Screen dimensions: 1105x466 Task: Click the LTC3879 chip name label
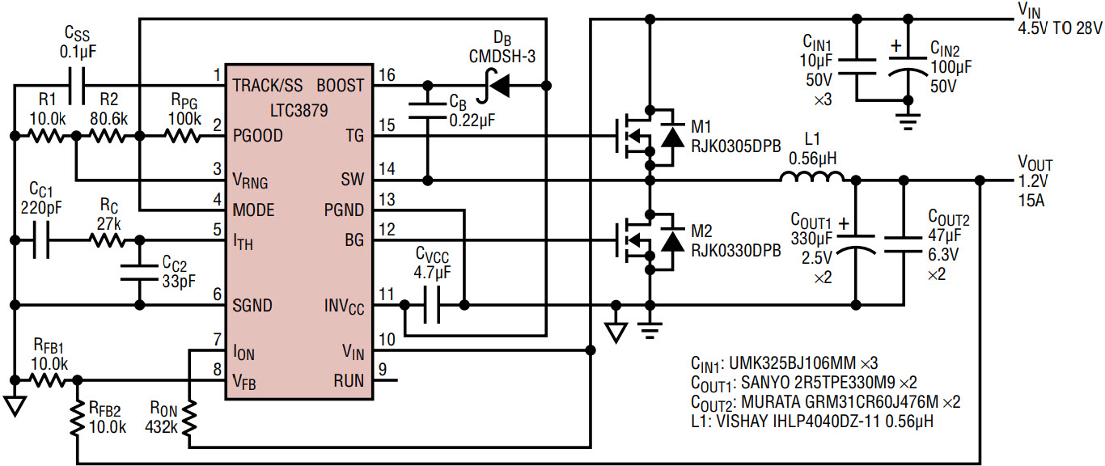coord(299,110)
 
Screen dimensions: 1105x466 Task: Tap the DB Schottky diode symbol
coord(495,86)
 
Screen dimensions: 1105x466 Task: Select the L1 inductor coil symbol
coord(811,176)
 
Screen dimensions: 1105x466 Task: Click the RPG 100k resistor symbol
coord(183,136)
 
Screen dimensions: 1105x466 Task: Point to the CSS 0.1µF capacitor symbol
coord(77,86)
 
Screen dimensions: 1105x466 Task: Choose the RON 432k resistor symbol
coord(189,418)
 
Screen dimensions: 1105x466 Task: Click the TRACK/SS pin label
coord(268,86)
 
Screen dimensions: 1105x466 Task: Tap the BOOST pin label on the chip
coord(341,86)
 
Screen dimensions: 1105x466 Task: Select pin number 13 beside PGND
coord(387,200)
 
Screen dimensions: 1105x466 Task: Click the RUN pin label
coord(349,381)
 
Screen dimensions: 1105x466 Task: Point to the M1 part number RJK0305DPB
coord(736,146)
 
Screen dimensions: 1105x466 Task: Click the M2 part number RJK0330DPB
coord(736,251)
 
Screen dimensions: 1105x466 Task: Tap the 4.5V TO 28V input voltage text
coord(1060,28)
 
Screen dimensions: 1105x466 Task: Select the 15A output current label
coord(1031,201)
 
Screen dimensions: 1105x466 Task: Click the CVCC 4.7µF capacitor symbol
coord(432,306)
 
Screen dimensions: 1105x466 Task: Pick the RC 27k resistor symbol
coord(107,240)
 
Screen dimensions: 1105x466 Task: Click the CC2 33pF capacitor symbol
coord(140,273)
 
